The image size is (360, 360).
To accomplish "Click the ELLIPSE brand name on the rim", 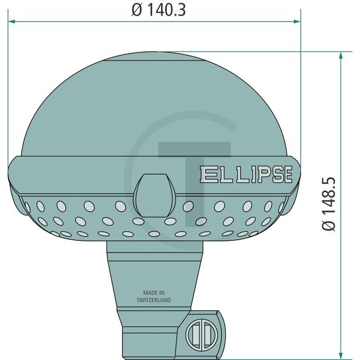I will click(245, 175).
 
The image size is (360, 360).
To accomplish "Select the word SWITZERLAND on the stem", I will click(153, 300).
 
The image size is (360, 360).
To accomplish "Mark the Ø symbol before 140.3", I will click(137, 11).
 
